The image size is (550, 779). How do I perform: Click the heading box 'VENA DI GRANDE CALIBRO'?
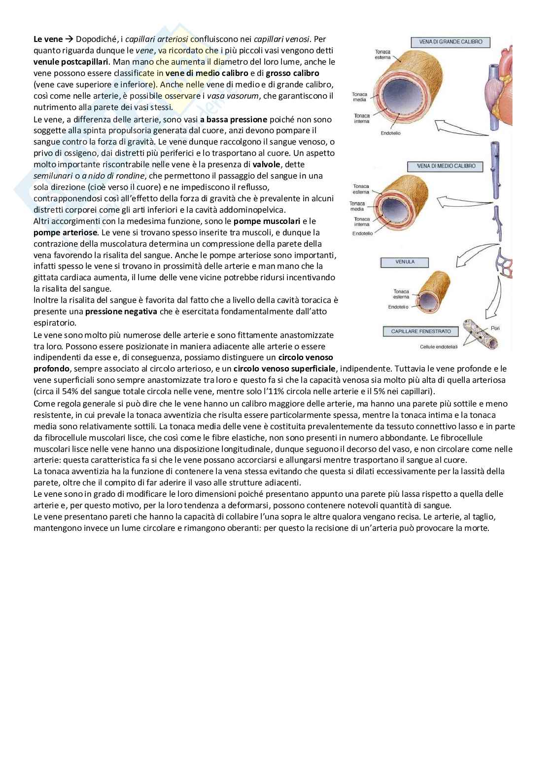click(450, 42)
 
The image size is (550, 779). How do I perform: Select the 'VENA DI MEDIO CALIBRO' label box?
click(445, 166)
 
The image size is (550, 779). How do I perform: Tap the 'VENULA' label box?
click(405, 262)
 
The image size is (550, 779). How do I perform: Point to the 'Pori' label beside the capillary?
click(495, 328)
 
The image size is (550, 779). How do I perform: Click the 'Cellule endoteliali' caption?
click(439, 347)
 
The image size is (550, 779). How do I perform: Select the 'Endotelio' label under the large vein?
click(390, 133)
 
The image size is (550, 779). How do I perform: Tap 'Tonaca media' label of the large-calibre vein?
click(359, 97)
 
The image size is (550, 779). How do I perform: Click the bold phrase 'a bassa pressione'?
click(234, 119)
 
